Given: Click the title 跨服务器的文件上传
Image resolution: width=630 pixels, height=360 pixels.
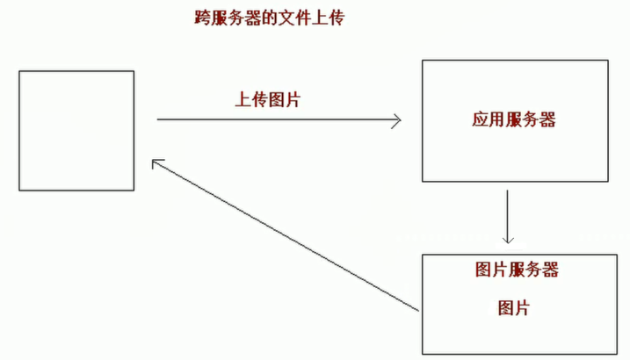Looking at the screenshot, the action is (270, 18).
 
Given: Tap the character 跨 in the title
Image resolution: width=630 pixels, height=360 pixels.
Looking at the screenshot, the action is (203, 18).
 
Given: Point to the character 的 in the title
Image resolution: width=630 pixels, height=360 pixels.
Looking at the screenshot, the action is (270, 18).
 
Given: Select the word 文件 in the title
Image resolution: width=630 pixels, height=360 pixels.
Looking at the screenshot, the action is (294, 18).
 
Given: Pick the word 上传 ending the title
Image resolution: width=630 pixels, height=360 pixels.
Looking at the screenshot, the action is (329, 18).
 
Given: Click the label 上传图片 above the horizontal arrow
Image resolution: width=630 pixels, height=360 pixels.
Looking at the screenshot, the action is (268, 99).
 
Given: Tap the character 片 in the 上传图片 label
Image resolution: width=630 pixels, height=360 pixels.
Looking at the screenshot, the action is (293, 99).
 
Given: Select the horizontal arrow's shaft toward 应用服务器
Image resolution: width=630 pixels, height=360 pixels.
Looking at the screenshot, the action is (279, 119).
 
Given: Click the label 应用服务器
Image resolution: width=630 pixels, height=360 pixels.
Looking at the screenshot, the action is (514, 119).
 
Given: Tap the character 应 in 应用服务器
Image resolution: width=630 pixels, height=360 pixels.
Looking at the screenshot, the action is (480, 119).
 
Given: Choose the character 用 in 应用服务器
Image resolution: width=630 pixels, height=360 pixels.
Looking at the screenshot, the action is (497, 119).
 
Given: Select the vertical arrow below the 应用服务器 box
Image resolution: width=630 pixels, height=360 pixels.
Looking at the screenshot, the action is (508, 217).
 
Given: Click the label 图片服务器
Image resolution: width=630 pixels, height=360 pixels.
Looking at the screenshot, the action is (517, 270).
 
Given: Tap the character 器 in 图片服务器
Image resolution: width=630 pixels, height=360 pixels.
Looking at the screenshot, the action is (550, 270).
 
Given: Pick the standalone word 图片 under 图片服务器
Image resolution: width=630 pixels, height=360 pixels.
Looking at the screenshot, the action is (514, 308).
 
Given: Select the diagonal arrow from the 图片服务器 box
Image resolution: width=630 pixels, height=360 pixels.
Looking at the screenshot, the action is (286, 234).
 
